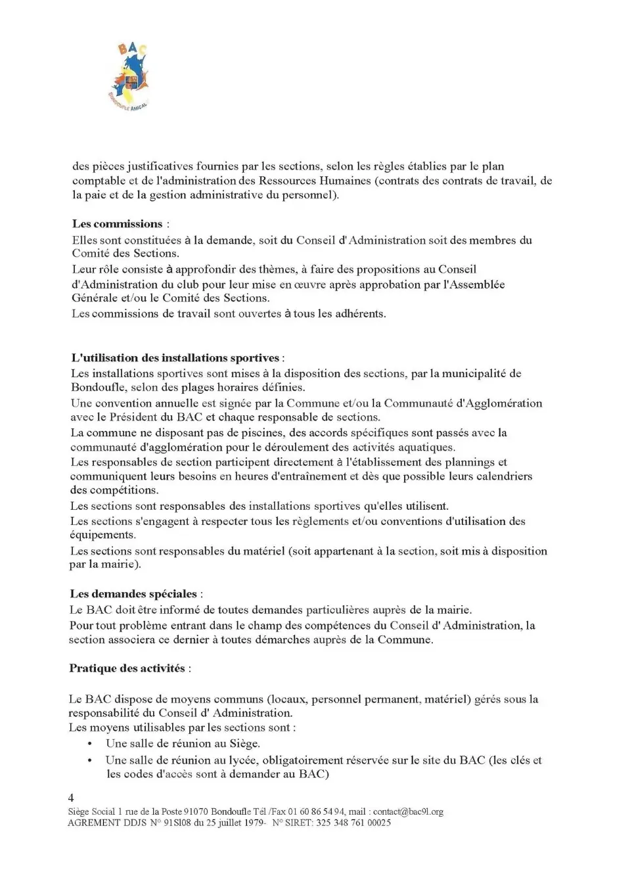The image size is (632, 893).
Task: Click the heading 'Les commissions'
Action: [x=117, y=224]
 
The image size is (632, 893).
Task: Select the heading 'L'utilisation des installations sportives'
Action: [x=175, y=358]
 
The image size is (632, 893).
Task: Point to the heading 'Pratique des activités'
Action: [x=127, y=668]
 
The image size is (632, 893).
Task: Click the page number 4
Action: [x=71, y=798]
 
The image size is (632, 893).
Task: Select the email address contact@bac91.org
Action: [x=407, y=812]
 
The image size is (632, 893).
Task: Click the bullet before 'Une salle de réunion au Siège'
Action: [x=89, y=744]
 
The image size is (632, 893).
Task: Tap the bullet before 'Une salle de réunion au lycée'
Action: [x=89, y=760]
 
